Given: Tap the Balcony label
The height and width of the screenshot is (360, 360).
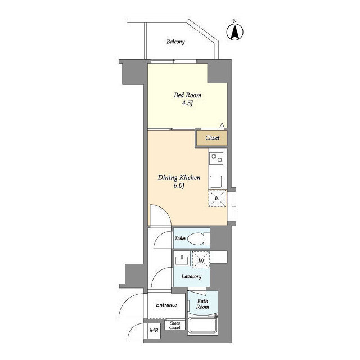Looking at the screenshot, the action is pos(175,42).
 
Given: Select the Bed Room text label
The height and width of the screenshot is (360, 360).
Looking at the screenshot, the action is pos(187,95).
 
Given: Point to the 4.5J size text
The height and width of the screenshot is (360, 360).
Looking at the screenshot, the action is pos(187,103).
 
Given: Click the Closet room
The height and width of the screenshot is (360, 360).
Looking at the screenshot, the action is pos(212,138).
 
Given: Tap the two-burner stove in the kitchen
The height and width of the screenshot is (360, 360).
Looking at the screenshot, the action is pos(216,159).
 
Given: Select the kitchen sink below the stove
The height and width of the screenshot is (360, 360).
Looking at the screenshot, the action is pos(216,182).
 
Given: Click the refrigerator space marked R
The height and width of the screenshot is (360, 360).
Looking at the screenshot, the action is pos(217,198).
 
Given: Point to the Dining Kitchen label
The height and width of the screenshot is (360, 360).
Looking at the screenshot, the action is pos(179,178).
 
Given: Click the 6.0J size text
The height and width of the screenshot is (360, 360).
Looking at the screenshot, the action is pos(179,186).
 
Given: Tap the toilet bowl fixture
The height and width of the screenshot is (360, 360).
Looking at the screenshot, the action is pos(199,238).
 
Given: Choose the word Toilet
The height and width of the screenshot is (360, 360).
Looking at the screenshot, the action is pos(180,238).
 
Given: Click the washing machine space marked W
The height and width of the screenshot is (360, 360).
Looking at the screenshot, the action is pos(201,260).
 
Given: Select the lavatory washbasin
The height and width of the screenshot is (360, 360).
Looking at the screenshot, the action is pos(182,260).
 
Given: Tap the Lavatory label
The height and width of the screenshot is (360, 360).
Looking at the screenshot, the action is pos(191,276).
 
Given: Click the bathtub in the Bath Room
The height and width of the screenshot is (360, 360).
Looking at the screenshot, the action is pos(202,326).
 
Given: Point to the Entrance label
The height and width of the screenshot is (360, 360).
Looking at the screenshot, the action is pos(166,305).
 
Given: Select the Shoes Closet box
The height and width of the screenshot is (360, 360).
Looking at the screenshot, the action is pos(175,325).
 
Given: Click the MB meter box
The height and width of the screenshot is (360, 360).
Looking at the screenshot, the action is pos(154,331).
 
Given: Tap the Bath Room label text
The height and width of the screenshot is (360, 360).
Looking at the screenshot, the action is pos(202,304).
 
